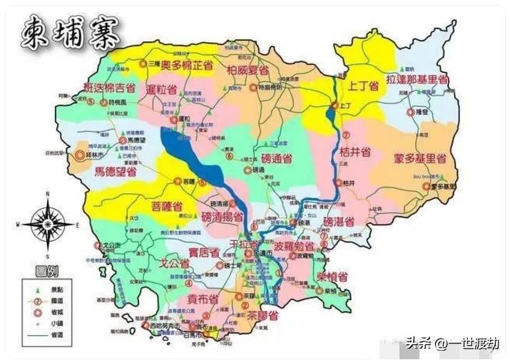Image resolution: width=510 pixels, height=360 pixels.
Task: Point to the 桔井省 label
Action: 355,152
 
